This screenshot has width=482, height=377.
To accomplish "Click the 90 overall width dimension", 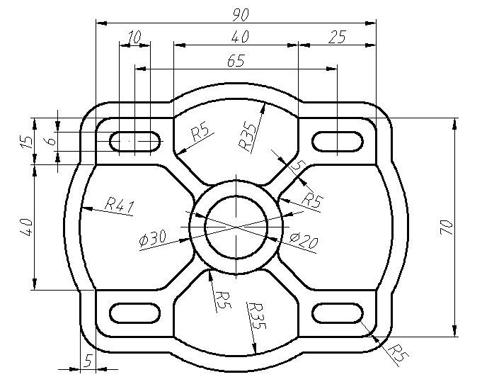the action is click(x=241, y=15).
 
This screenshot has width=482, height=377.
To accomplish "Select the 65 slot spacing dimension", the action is click(x=236, y=61).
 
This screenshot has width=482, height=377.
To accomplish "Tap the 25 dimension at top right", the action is click(x=337, y=37).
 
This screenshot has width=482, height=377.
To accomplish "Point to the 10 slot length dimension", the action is click(x=134, y=38).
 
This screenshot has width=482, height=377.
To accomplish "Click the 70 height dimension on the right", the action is click(x=447, y=227).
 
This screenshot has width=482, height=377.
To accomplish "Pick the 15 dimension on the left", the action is click(x=27, y=141).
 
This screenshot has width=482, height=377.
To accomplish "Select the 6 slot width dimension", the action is click(x=52, y=141).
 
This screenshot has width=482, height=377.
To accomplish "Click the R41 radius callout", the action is click(x=120, y=206).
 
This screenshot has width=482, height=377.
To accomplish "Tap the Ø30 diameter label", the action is click(x=152, y=238).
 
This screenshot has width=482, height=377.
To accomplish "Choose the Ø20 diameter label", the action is click(x=304, y=241).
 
